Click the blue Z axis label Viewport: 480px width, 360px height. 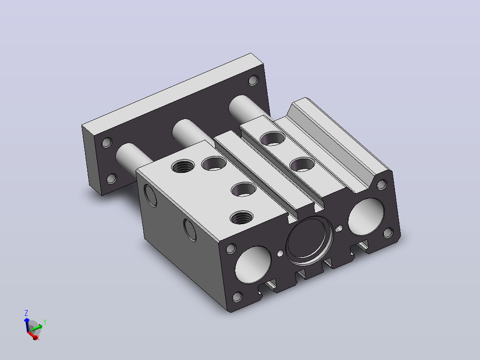(26, 313)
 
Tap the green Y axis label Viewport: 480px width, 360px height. (45, 322)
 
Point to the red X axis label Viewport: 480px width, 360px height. (38, 338)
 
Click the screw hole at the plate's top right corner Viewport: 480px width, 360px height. (253, 81)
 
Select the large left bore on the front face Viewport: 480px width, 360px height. (253, 264)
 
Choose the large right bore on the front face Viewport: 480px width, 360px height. (366, 217)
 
